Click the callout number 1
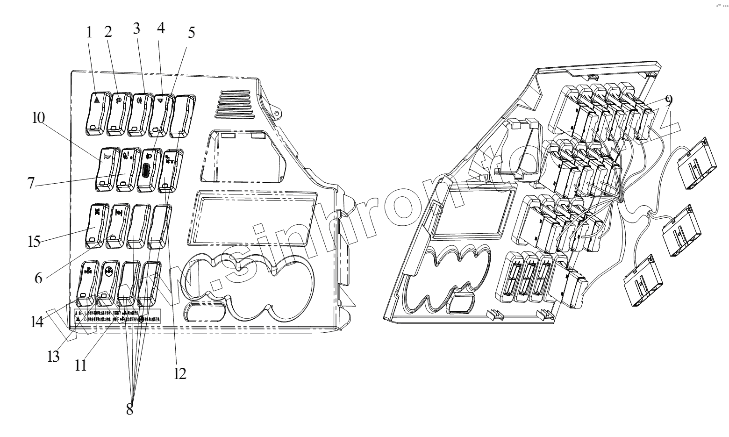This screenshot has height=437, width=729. (89, 32)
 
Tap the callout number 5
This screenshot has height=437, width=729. (191, 32)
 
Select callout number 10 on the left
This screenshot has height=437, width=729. (38, 118)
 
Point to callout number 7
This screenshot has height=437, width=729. (31, 182)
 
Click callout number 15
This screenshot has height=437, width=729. (34, 242)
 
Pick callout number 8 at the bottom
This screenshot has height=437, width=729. (129, 409)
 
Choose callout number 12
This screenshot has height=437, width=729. (180, 373)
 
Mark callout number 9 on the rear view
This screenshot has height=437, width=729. (669, 100)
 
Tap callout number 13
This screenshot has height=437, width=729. (54, 357)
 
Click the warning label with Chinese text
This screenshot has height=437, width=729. (117, 317)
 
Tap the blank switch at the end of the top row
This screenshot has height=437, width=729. (182, 115)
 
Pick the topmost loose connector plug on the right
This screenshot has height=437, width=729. (696, 163)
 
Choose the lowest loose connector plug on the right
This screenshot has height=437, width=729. (642, 280)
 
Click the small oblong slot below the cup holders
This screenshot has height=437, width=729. (206, 311)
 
